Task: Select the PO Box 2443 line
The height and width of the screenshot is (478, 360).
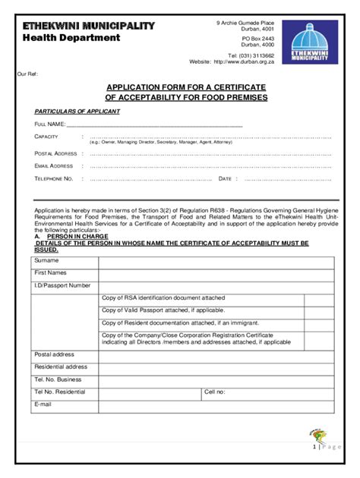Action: click(x=257, y=37)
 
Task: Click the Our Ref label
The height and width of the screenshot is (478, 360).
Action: click(x=27, y=74)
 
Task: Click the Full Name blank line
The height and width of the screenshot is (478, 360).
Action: click(x=155, y=124)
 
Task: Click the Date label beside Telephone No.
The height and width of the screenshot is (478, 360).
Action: click(x=225, y=179)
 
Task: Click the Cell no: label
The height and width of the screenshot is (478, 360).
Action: click(x=215, y=392)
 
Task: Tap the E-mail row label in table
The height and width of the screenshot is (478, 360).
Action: click(x=43, y=405)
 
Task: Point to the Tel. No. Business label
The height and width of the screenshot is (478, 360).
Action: click(x=58, y=379)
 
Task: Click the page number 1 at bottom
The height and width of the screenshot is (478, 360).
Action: click(x=314, y=447)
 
